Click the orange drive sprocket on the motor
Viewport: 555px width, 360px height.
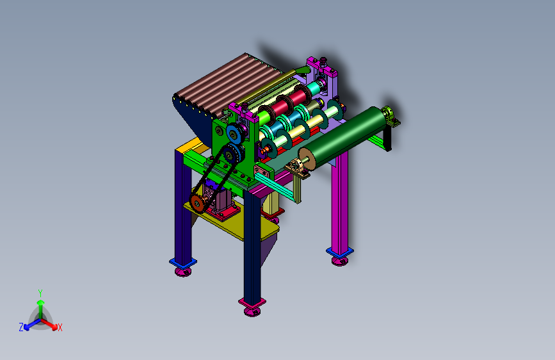point(196,202)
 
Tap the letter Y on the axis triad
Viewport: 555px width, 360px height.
point(40,293)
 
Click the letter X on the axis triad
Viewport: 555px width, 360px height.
point(60,328)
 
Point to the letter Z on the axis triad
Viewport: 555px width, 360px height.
point(21,327)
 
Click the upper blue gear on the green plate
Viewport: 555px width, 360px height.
point(233,134)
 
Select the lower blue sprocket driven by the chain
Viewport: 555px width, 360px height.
point(232,154)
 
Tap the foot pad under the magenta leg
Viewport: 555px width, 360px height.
point(340,261)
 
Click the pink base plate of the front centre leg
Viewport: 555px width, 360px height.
point(252,303)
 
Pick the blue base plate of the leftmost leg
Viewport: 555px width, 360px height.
point(183,263)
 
